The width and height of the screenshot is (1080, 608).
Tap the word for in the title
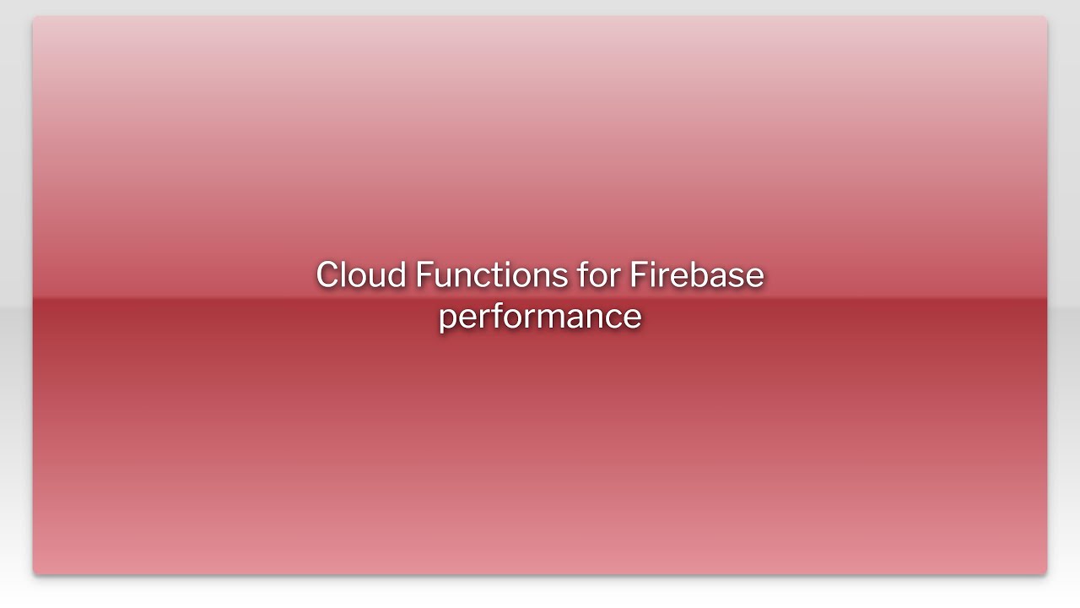[597, 275]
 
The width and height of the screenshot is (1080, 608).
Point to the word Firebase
[696, 275]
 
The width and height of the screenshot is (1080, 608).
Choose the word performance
[540, 317]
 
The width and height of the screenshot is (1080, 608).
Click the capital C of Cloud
[328, 275]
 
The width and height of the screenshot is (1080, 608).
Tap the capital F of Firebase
[637, 275]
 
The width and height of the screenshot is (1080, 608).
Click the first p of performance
[448, 318]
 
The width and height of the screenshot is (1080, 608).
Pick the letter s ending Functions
[560, 277]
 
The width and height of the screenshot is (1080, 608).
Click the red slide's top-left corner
[34, 17]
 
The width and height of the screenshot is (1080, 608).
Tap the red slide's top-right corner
[1046, 17]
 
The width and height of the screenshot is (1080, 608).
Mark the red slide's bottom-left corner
[34, 573]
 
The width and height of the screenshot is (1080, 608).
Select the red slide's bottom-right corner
[1046, 573]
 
